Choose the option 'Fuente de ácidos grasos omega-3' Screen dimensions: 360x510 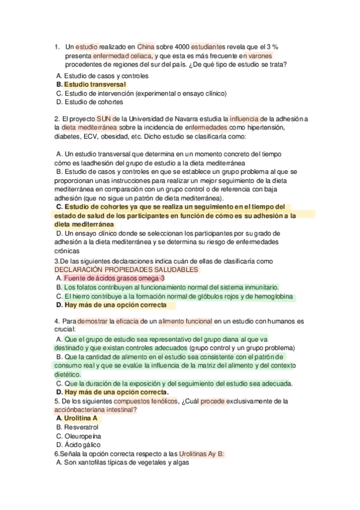point(110,278)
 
